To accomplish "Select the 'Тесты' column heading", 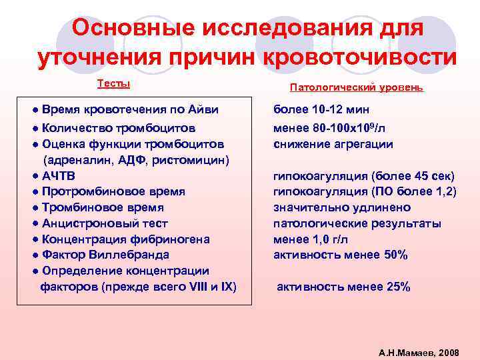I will tap(113, 83).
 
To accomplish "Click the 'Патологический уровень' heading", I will tap(357, 87).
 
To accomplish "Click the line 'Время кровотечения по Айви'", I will tap(130, 109).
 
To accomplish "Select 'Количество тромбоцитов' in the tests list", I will tap(119, 128).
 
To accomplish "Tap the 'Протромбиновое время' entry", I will tap(113, 191).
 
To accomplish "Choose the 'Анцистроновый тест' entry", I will tap(105, 223).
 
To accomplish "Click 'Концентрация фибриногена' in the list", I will tap(126, 239).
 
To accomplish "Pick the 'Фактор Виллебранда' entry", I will tap(105, 255).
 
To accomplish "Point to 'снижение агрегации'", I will tap(333, 144).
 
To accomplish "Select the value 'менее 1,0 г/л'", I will tap(311, 239).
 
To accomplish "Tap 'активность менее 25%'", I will tap(343, 287).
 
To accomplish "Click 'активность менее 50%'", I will tap(340, 255).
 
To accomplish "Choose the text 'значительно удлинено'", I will tap(342, 207).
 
